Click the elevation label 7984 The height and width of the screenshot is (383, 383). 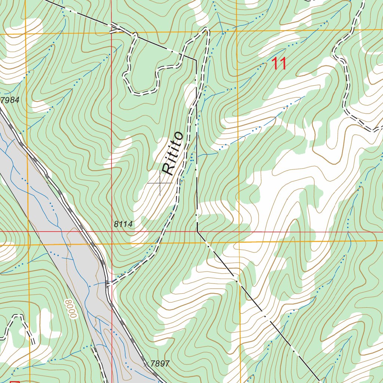10,100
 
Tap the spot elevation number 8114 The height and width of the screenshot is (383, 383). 123,224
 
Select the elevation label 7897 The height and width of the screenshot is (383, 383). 160,364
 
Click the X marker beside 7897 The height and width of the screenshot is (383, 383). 146,363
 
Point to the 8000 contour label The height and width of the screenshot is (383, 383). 70,309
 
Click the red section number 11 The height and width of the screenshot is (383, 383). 279,64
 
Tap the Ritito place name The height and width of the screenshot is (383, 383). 172,153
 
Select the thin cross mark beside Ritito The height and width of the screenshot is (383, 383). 160,183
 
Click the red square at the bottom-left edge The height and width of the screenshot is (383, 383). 15,382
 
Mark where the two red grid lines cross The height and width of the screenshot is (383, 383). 111,232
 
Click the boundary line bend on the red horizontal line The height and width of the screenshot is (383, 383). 197,232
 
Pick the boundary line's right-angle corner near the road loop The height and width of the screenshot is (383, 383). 196,59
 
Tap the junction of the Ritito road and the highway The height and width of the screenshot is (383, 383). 109,284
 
